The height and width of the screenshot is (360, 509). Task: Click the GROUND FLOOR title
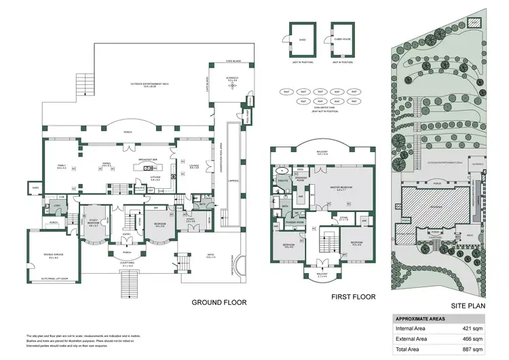219,302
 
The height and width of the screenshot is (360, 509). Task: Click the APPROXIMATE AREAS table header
420,317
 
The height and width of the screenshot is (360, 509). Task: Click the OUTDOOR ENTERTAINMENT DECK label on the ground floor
147,84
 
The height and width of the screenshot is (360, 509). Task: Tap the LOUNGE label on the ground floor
194,165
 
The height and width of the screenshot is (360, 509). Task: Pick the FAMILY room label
61,165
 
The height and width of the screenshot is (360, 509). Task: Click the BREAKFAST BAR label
148,160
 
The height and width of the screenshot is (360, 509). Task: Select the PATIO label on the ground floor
210,256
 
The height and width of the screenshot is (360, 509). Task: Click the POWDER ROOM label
293,221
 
